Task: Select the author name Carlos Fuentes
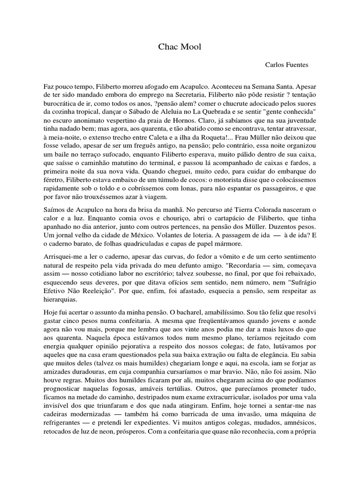(x=286, y=65)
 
